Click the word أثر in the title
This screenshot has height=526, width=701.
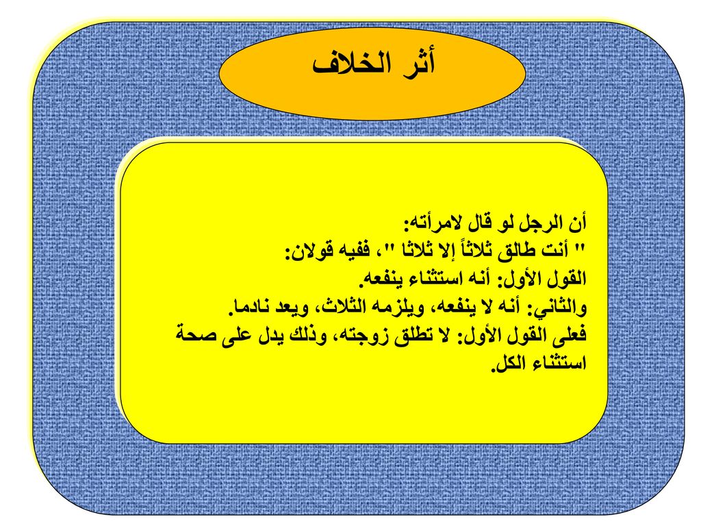pos(413,64)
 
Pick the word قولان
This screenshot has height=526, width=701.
pos(307,252)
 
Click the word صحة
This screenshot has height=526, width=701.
pos(193,335)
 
